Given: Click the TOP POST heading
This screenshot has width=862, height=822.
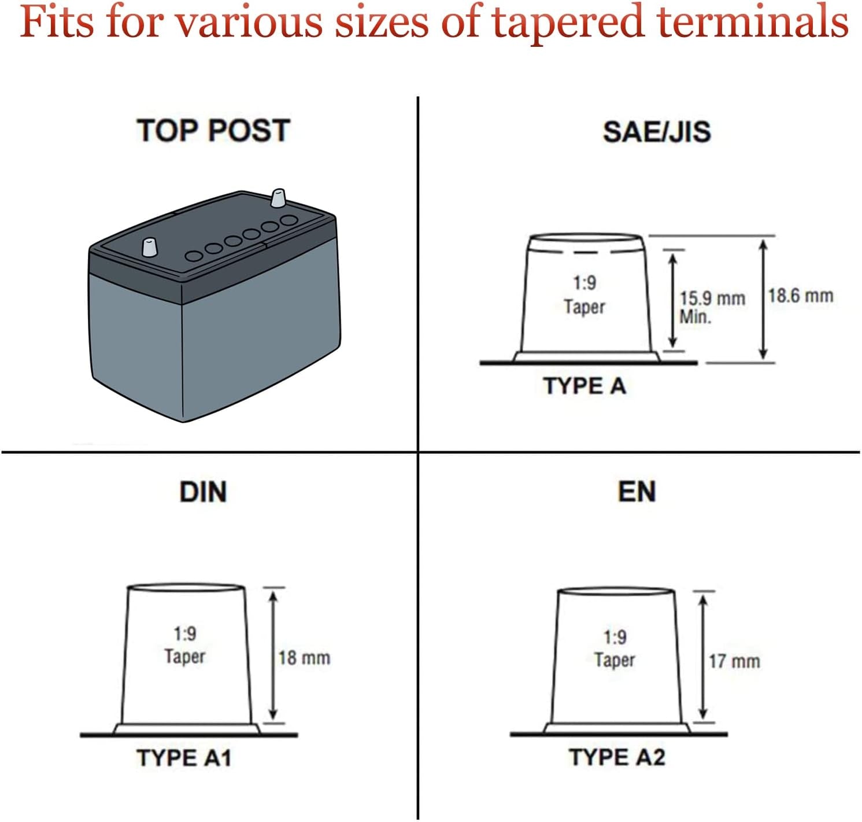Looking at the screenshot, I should coord(213,130).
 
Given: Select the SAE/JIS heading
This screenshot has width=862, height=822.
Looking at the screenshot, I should coord(657,131).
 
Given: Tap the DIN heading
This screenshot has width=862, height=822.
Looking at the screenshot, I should coord(203,492).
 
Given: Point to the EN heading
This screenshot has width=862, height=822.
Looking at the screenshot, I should coord(637,492).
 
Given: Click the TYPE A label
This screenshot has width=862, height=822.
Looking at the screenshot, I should coord(584,386).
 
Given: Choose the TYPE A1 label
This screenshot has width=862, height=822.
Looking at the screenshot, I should coord(184,758).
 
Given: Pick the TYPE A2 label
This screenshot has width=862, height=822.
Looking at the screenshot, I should coord(617,757).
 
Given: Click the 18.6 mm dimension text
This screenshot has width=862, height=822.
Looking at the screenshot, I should coord(801,296).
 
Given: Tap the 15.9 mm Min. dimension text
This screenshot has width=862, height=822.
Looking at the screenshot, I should coord(712,307).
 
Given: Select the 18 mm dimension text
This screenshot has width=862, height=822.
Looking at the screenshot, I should coord(304,658).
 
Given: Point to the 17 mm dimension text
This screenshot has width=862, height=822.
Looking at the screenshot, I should coord(734,661).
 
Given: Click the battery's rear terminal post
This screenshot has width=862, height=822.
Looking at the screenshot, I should coord(279,198).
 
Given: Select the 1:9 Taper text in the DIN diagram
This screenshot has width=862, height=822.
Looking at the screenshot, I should coord(185,645).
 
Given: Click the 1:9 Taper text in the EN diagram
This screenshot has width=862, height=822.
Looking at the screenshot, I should coord(615,648).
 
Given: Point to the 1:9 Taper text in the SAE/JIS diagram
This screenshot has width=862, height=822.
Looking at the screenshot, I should coord(584,294).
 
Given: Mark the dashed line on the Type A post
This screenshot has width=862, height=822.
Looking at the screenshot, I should coord(586,252).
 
